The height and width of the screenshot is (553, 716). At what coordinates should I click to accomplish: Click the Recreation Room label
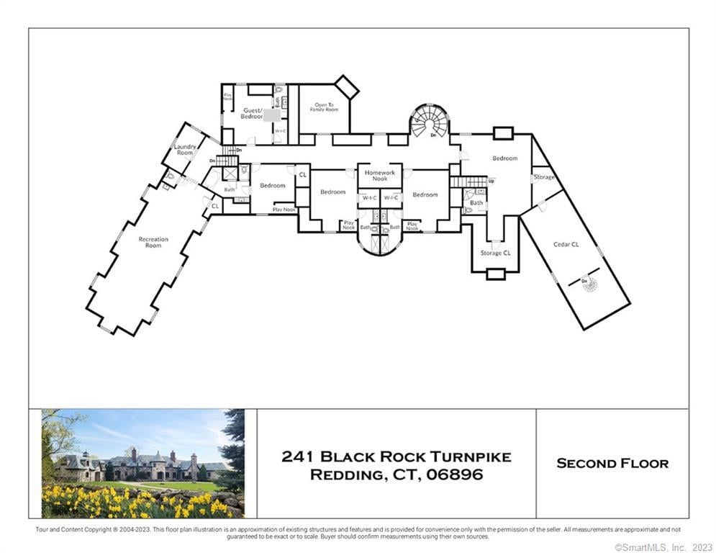coord(153,242)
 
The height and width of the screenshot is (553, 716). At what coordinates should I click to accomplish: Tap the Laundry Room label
coord(186,150)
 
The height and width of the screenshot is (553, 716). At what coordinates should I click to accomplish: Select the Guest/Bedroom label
coord(252,113)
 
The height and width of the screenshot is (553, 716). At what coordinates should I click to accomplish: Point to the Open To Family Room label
coord(325,107)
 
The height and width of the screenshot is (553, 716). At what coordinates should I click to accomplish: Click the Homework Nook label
coord(380,176)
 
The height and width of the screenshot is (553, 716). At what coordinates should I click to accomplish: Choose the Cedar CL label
coord(566,245)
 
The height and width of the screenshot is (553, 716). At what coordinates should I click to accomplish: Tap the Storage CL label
coord(496,253)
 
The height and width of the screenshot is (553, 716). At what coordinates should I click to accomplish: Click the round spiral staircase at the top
coord(430,121)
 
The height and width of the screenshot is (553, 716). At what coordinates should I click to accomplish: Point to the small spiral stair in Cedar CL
coord(590,285)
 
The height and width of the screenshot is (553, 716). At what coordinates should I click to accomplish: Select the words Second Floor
coord(612,463)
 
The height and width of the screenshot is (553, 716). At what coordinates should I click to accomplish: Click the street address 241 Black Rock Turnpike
coord(396,457)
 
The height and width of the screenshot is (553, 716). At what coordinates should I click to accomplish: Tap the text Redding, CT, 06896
coord(396,475)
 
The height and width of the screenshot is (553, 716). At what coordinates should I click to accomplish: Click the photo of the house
coord(143,463)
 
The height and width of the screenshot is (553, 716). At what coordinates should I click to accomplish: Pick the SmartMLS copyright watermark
coord(663,547)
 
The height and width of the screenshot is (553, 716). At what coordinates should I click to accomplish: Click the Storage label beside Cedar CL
coord(544,177)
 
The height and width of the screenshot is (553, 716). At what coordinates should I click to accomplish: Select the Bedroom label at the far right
coord(504,158)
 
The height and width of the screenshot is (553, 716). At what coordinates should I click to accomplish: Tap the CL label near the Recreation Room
coord(214,206)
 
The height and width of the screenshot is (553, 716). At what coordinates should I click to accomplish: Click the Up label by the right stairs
coord(491,181)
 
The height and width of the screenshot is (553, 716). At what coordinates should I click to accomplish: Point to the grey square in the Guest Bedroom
coord(272,115)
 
